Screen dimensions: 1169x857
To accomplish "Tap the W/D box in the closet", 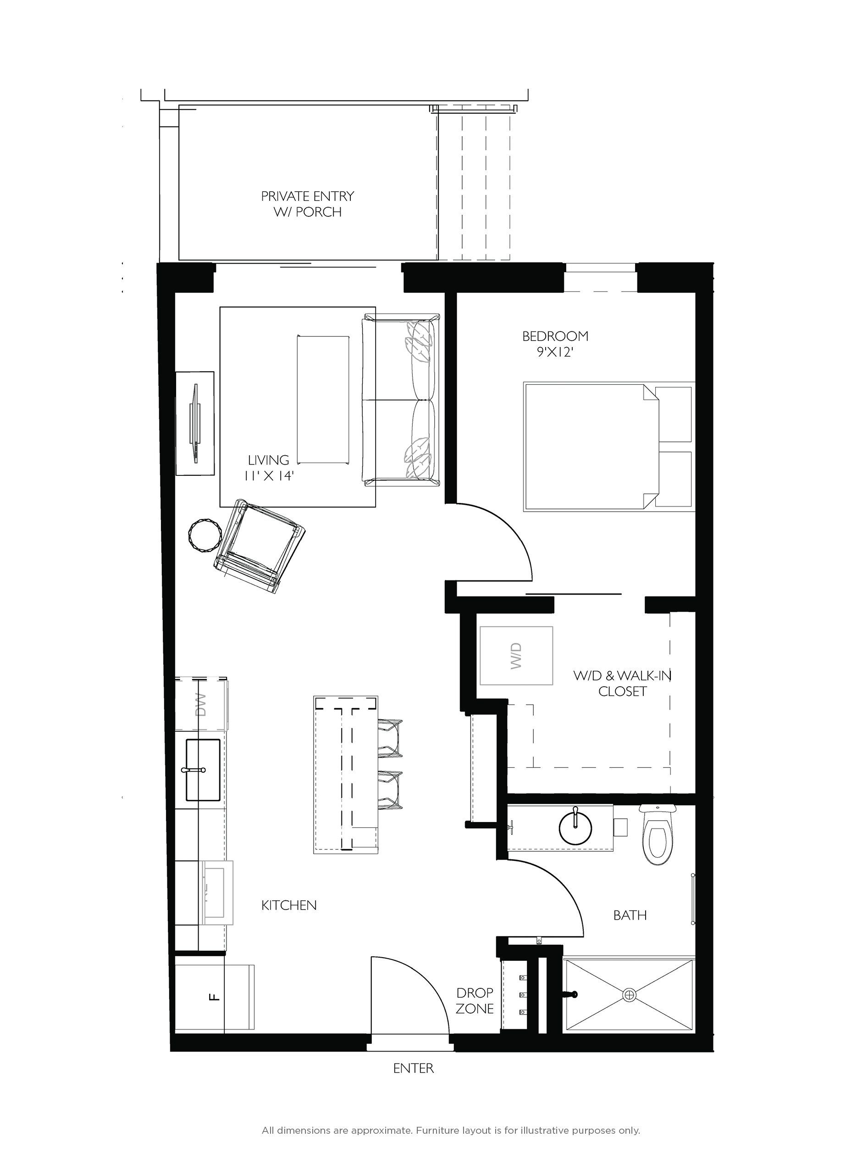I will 516,656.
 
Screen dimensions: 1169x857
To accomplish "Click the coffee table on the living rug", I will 323,399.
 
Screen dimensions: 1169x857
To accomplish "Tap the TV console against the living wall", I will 195,423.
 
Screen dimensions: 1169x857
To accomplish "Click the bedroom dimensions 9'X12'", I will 555,352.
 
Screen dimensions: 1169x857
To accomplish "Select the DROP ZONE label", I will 475,1000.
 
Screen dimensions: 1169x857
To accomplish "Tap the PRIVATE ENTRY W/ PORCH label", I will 307,204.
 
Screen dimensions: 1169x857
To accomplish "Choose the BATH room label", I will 630,915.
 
